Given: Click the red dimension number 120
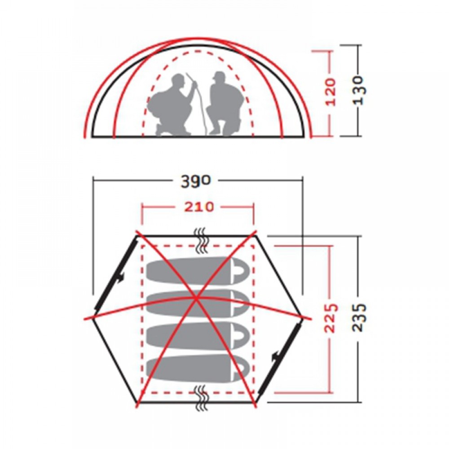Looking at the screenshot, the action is tap(331, 91).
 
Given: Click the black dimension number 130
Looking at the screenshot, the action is tap(359, 90).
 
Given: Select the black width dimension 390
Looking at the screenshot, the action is tap(196, 181).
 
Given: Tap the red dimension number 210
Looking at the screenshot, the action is tap(199, 207).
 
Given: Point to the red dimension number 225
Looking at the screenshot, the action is tap(331, 318).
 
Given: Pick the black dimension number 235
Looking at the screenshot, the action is tap(359, 317).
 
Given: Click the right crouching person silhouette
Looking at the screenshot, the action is tap(225, 103).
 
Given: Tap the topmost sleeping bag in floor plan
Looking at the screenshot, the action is tap(198, 271).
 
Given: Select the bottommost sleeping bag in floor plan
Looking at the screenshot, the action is tap(198, 368).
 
